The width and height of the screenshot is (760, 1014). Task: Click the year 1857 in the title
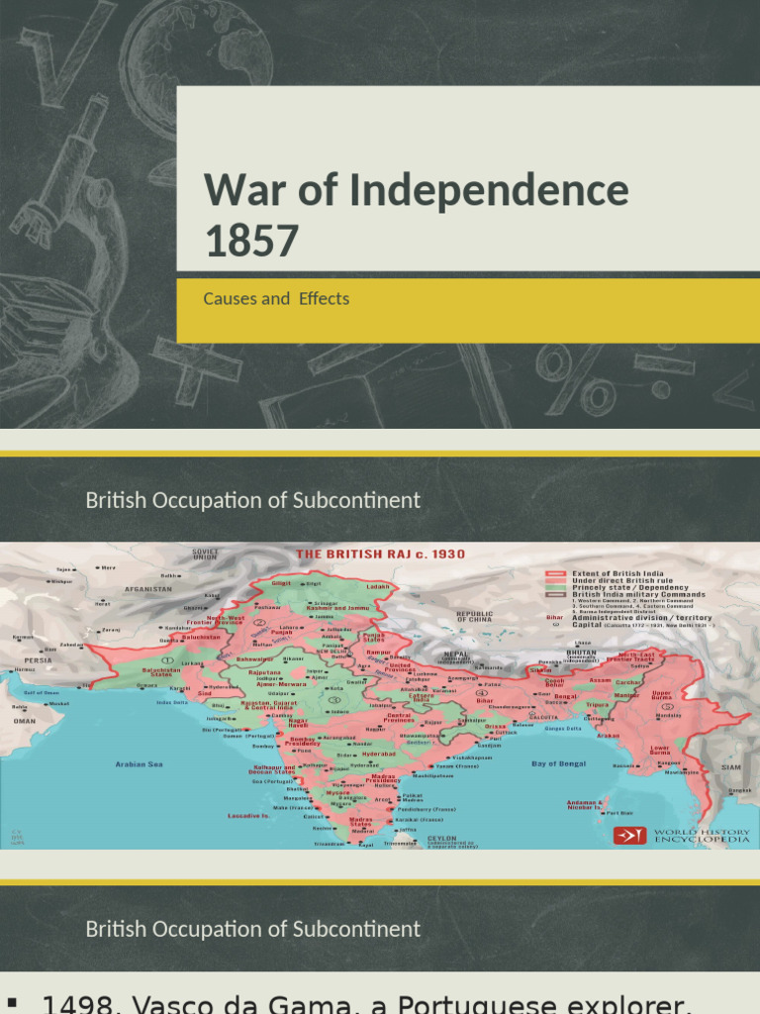[251, 241]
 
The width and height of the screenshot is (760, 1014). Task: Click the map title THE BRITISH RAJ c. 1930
[380, 554]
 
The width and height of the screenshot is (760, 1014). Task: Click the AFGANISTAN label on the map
[148, 588]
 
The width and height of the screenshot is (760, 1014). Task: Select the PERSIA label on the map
[40, 659]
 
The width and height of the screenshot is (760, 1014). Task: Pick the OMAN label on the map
[26, 720]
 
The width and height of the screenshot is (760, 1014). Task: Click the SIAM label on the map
[730, 767]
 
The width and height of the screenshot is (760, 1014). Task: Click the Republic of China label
[474, 616]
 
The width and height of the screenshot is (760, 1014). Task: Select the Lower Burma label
[659, 749]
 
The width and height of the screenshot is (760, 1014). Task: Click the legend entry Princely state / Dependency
[622, 588]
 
